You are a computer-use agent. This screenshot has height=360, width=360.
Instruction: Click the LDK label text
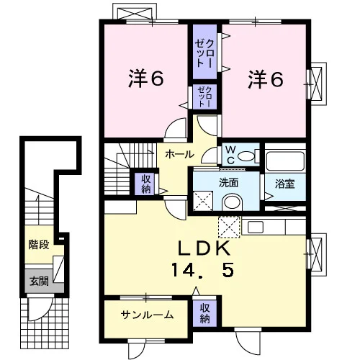point(204,248)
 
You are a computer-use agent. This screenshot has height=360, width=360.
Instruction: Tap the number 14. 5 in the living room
point(202,270)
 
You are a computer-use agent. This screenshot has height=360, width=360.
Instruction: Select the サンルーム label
point(147,315)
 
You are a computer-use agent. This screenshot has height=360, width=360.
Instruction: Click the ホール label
point(179,154)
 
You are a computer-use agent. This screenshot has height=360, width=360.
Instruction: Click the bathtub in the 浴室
point(285,161)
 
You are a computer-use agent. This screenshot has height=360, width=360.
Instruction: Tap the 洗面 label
point(228,183)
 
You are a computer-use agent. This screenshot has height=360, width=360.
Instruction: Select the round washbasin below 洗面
point(233,202)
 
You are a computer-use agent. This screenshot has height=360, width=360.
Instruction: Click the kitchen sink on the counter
point(256,227)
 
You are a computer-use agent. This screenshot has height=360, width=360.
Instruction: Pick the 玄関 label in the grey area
point(40,281)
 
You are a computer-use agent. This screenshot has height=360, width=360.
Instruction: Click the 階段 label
point(39,245)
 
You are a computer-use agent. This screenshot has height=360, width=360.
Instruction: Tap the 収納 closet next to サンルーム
point(204,314)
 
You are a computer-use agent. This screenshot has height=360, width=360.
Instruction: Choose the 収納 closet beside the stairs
point(145,184)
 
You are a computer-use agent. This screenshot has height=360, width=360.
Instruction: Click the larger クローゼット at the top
point(205,51)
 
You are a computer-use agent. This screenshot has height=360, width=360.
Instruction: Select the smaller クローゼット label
point(204,96)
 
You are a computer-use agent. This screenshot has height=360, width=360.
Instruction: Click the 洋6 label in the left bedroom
point(146,78)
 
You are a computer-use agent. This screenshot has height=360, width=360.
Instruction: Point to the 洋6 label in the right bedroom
point(266,78)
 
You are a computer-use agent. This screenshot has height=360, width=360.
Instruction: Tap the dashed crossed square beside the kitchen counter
point(229,227)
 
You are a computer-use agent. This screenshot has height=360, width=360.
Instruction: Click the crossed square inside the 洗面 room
point(203,201)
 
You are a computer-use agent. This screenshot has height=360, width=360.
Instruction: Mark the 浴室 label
point(285,184)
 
